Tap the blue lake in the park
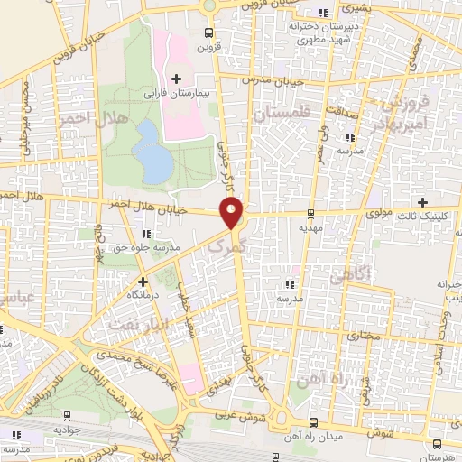pyautogui.click(x=152, y=148)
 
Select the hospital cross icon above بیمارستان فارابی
pyautogui.click(x=176, y=79)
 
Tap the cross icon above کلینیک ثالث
pyautogui.click(x=421, y=201)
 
